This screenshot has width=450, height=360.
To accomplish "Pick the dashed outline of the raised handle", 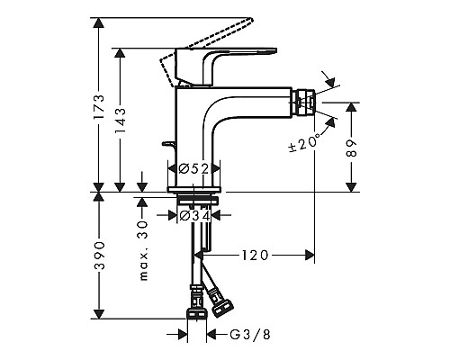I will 180,49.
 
